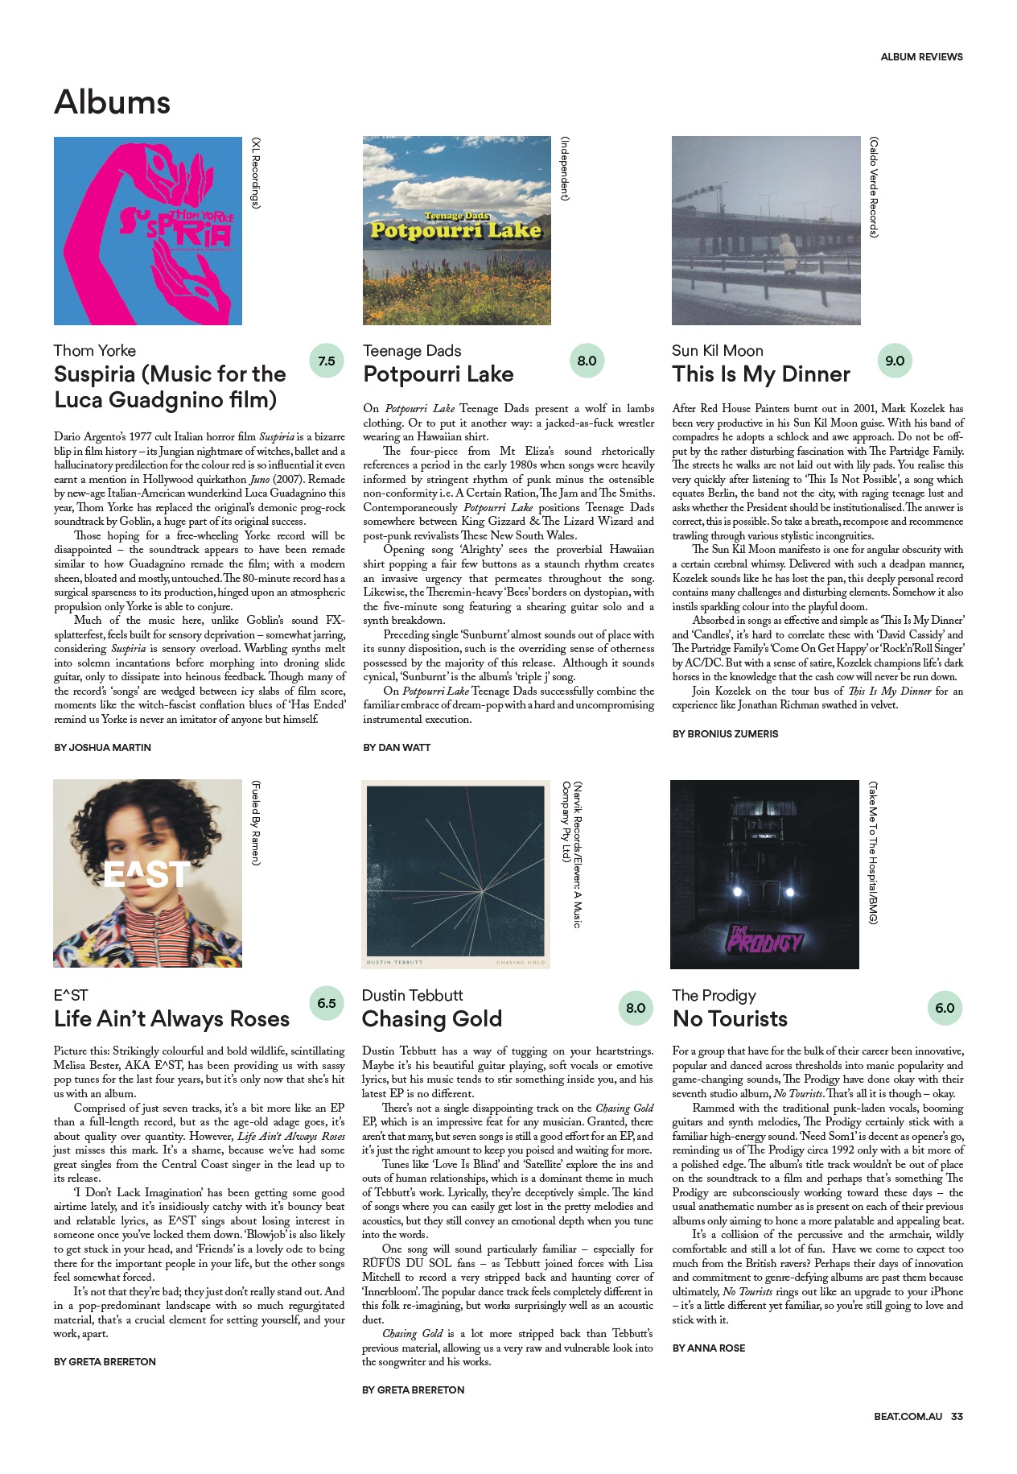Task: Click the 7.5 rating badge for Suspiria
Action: [327, 361]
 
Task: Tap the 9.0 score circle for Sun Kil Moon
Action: [895, 361]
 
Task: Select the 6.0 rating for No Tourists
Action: [945, 1008]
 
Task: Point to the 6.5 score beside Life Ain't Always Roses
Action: [327, 1003]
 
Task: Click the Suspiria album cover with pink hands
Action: [148, 231]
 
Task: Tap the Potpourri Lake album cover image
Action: [457, 231]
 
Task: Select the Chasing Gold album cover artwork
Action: [455, 874]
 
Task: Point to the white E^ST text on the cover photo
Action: [147, 874]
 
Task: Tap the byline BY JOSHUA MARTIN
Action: [102, 748]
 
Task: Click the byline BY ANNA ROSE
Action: [708, 1348]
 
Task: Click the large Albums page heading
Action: [113, 103]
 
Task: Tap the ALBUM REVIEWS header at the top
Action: [921, 57]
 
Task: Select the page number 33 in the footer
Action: [957, 1416]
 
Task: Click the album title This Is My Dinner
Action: [761, 374]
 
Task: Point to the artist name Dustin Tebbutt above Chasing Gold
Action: [412, 996]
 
